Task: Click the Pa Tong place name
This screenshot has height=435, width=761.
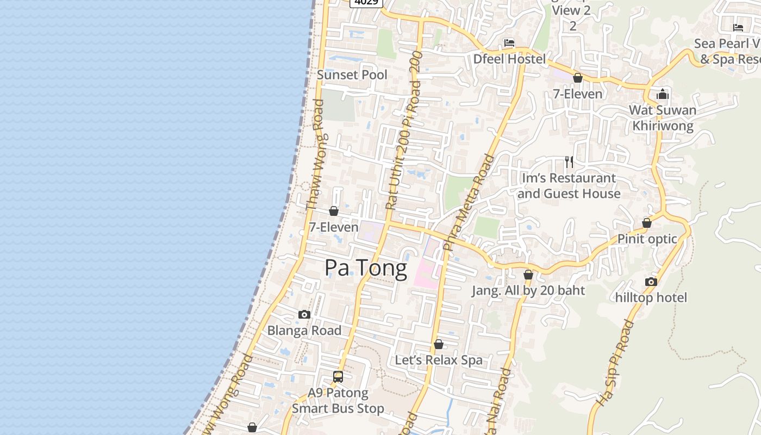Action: [365, 268]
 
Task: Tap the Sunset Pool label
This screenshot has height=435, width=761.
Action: [352, 75]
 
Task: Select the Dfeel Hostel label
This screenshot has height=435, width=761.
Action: [509, 59]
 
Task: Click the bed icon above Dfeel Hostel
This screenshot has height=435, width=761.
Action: [509, 42]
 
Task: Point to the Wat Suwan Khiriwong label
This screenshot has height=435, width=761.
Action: [662, 118]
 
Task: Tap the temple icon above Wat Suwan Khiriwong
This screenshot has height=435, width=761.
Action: [662, 95]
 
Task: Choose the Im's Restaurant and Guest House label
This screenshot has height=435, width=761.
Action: [569, 185]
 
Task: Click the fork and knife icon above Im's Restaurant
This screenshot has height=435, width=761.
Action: [569, 161]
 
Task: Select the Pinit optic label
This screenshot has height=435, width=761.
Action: [647, 239]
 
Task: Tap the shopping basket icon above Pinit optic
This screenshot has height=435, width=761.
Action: [647, 223]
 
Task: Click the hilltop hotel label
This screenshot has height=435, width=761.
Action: [651, 297]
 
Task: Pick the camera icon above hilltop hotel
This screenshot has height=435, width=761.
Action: [651, 282]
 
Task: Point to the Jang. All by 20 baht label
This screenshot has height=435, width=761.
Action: [528, 290]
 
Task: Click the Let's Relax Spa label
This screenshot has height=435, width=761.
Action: [438, 360]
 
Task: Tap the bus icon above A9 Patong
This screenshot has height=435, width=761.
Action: [338, 376]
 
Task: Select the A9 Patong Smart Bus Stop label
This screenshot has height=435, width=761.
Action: [338, 400]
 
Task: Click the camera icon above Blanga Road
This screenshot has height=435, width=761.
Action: [304, 314]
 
